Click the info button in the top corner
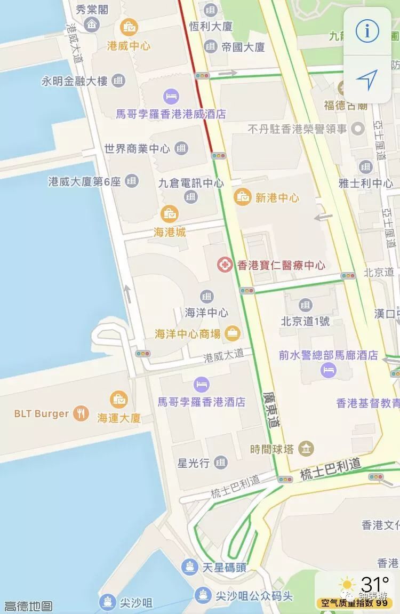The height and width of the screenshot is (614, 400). point(367,31)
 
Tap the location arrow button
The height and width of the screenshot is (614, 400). point(367,79)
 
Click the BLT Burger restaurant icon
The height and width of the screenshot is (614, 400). point(81,413)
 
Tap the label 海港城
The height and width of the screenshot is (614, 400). point(170,232)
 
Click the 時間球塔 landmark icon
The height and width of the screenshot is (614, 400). point(306,449)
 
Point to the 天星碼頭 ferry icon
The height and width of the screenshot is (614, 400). point(190,567)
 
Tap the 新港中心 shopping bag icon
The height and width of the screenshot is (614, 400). point(243,197)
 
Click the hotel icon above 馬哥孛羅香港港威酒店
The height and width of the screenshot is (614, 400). point(171,97)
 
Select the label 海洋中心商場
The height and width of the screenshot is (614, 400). point(187,334)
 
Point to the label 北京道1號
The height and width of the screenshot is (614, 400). point(305,321)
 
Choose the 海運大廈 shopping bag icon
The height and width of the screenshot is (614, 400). point(118,400)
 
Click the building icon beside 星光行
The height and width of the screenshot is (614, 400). point(221,463)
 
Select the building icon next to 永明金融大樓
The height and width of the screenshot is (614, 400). point(118,81)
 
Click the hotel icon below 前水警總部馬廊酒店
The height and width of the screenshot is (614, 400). point(328,370)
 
